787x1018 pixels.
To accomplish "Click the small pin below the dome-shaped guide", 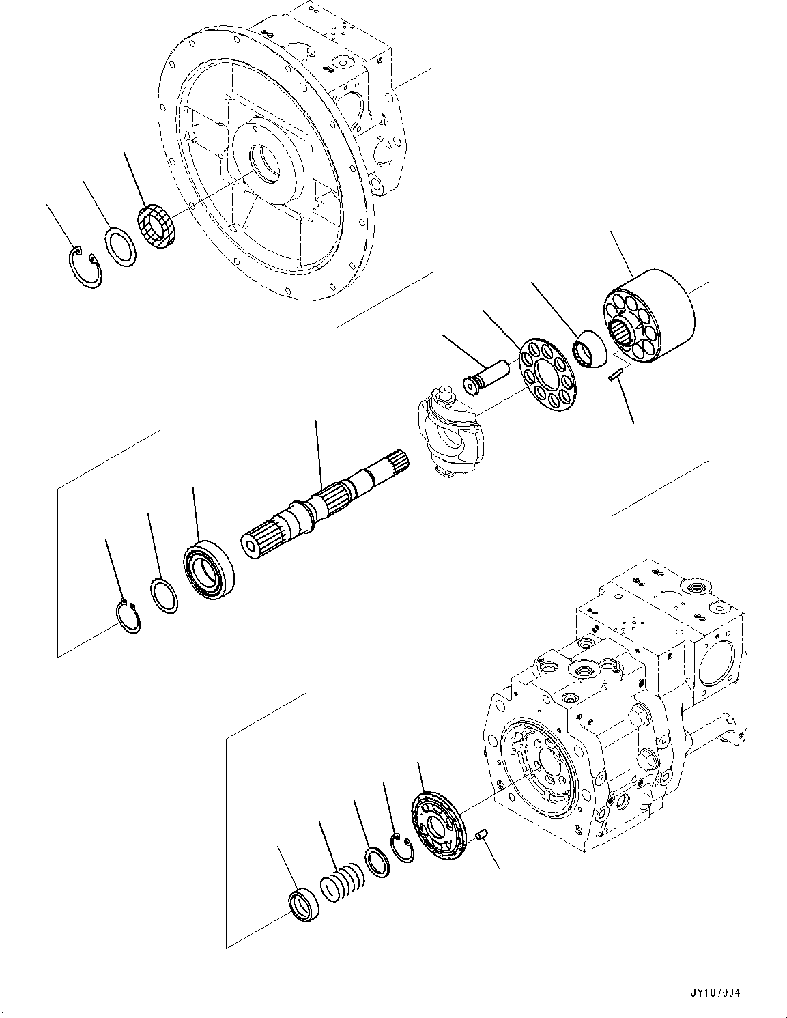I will (x=614, y=374).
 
